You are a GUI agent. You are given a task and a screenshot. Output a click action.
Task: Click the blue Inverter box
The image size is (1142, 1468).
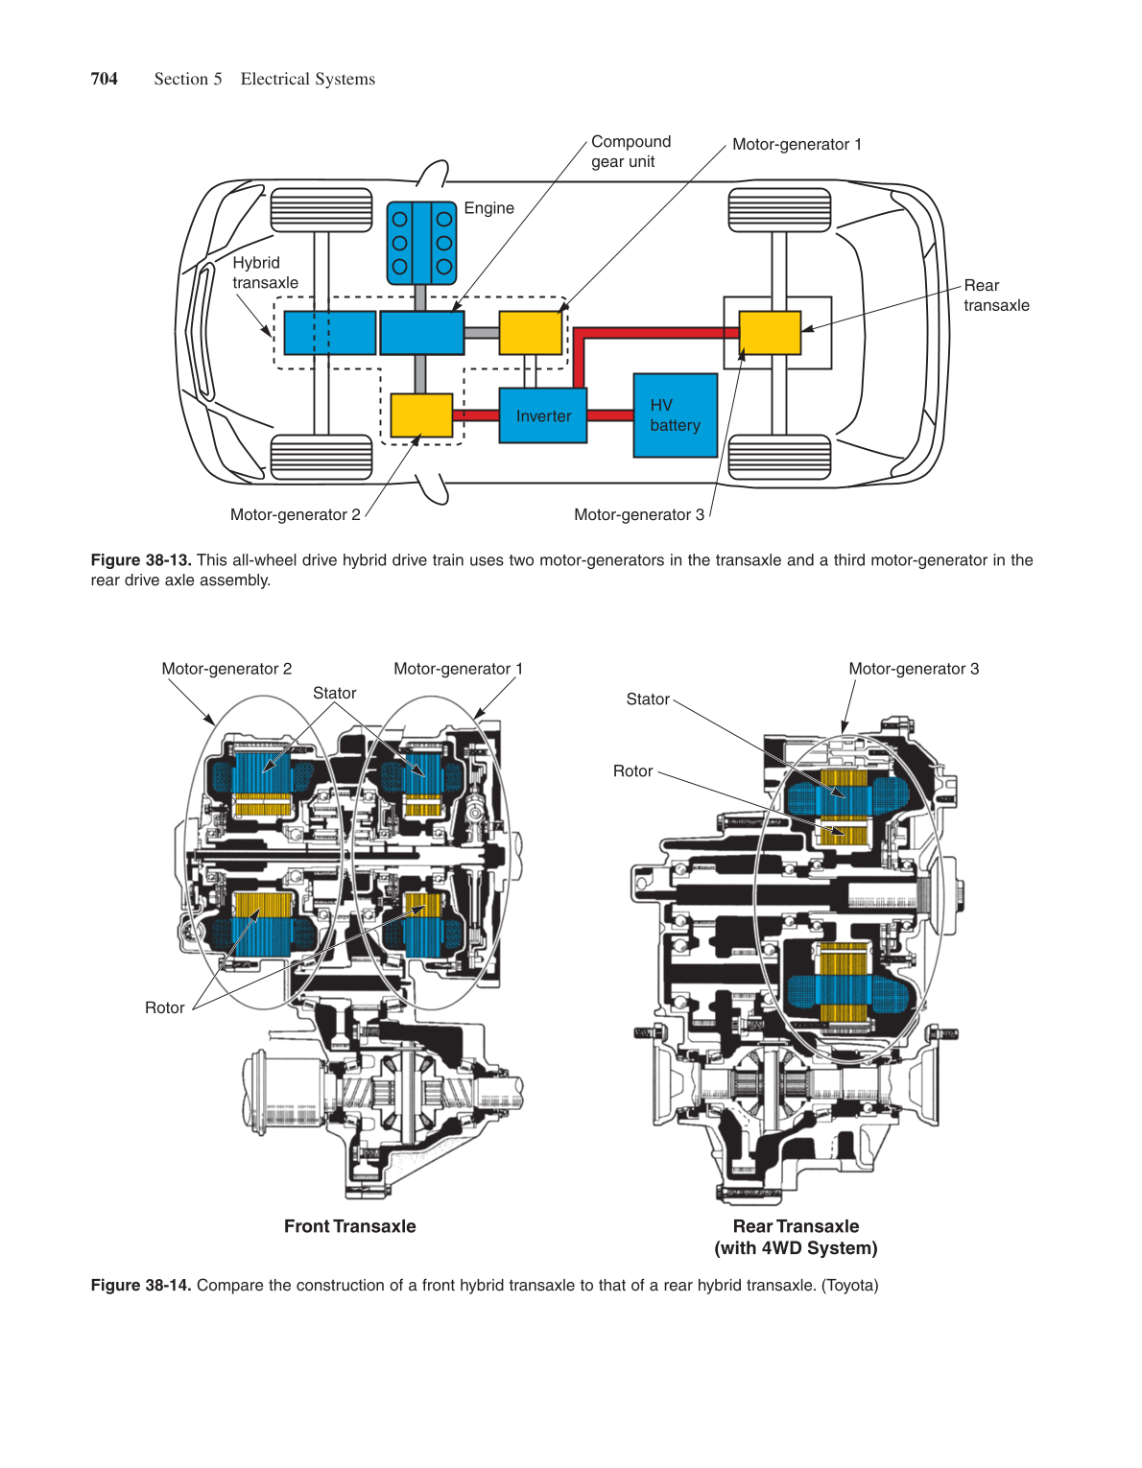click(542, 415)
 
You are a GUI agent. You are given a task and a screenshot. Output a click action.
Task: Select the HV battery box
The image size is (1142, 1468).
click(675, 415)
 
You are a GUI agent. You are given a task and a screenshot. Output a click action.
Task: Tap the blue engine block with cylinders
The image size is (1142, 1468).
click(421, 243)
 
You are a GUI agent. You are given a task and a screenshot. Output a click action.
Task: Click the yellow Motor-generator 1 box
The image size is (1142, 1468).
click(530, 333)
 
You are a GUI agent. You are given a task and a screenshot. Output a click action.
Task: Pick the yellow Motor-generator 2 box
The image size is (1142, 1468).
click(420, 415)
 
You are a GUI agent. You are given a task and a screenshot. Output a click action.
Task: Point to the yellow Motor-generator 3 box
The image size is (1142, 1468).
click(770, 333)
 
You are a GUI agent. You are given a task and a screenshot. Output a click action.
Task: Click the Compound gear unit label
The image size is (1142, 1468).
click(630, 152)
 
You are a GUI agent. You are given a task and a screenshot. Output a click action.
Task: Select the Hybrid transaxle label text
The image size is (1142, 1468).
click(265, 272)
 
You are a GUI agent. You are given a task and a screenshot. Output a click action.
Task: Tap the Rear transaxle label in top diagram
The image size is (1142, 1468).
click(996, 296)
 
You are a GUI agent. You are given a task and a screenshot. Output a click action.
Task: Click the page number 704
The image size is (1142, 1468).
click(104, 79)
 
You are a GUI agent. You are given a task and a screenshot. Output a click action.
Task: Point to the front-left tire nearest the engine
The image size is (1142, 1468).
click(321, 210)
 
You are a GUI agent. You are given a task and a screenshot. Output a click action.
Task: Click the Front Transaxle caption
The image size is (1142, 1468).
click(349, 1226)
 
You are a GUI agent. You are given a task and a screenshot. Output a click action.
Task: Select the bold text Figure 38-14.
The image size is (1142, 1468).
click(141, 1285)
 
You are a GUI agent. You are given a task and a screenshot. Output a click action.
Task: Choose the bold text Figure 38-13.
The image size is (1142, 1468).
click(141, 559)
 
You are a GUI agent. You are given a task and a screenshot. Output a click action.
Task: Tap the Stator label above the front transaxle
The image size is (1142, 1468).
click(334, 693)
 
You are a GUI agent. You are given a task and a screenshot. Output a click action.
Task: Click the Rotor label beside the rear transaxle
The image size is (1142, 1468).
click(632, 770)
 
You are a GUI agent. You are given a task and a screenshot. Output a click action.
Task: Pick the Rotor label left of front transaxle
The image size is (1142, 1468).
click(164, 1007)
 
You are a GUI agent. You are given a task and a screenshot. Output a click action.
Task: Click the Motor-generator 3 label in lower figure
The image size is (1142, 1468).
click(913, 669)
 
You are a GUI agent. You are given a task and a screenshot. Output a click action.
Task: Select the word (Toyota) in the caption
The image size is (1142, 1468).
click(849, 1285)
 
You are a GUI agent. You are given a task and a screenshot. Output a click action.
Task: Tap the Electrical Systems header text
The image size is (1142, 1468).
click(307, 79)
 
